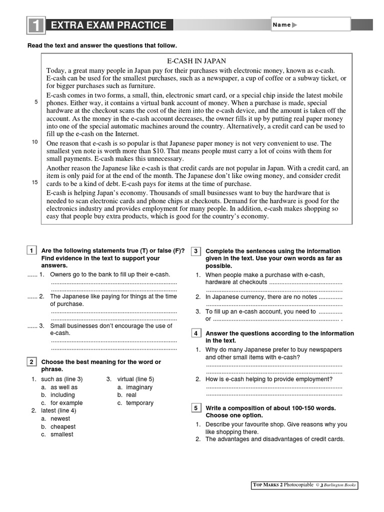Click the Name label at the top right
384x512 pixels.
(x=282, y=25)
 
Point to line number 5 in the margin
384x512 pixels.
(x=36, y=102)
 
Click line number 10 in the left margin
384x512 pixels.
(x=35, y=142)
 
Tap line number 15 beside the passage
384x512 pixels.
(x=35, y=182)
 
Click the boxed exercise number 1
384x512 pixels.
(x=31, y=250)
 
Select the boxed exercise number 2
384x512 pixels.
(x=31, y=361)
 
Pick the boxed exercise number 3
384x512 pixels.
(x=196, y=250)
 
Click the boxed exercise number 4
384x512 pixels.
(x=196, y=333)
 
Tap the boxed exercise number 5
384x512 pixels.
(x=196, y=408)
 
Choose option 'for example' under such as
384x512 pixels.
(x=66, y=403)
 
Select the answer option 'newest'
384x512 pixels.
(x=60, y=419)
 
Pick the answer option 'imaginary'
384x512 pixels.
(x=139, y=387)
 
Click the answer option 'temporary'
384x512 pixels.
(x=139, y=403)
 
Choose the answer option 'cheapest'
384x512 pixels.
(x=63, y=427)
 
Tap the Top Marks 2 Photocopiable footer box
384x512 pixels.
(x=304, y=485)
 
